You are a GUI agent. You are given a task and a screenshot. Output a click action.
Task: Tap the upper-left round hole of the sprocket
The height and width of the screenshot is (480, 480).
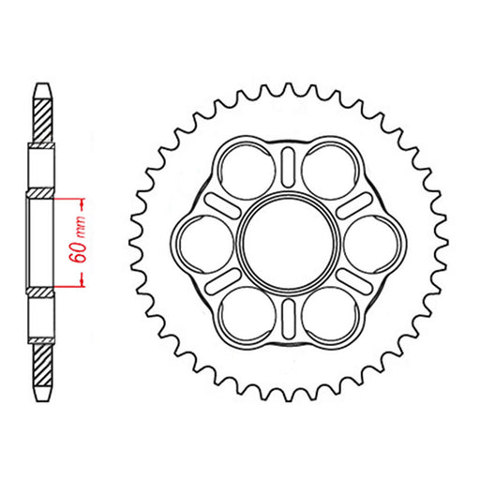point(243,170)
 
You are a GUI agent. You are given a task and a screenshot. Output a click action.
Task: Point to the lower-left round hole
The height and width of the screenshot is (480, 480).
point(243,315)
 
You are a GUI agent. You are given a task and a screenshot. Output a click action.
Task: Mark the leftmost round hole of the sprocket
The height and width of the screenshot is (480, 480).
point(201,243)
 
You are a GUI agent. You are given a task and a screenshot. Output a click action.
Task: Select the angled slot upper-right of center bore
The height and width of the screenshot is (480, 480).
point(349,206)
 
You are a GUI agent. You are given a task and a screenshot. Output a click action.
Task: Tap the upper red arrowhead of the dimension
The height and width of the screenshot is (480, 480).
point(83,203)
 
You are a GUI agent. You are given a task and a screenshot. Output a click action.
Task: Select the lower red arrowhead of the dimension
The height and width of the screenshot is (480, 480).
point(83,280)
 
